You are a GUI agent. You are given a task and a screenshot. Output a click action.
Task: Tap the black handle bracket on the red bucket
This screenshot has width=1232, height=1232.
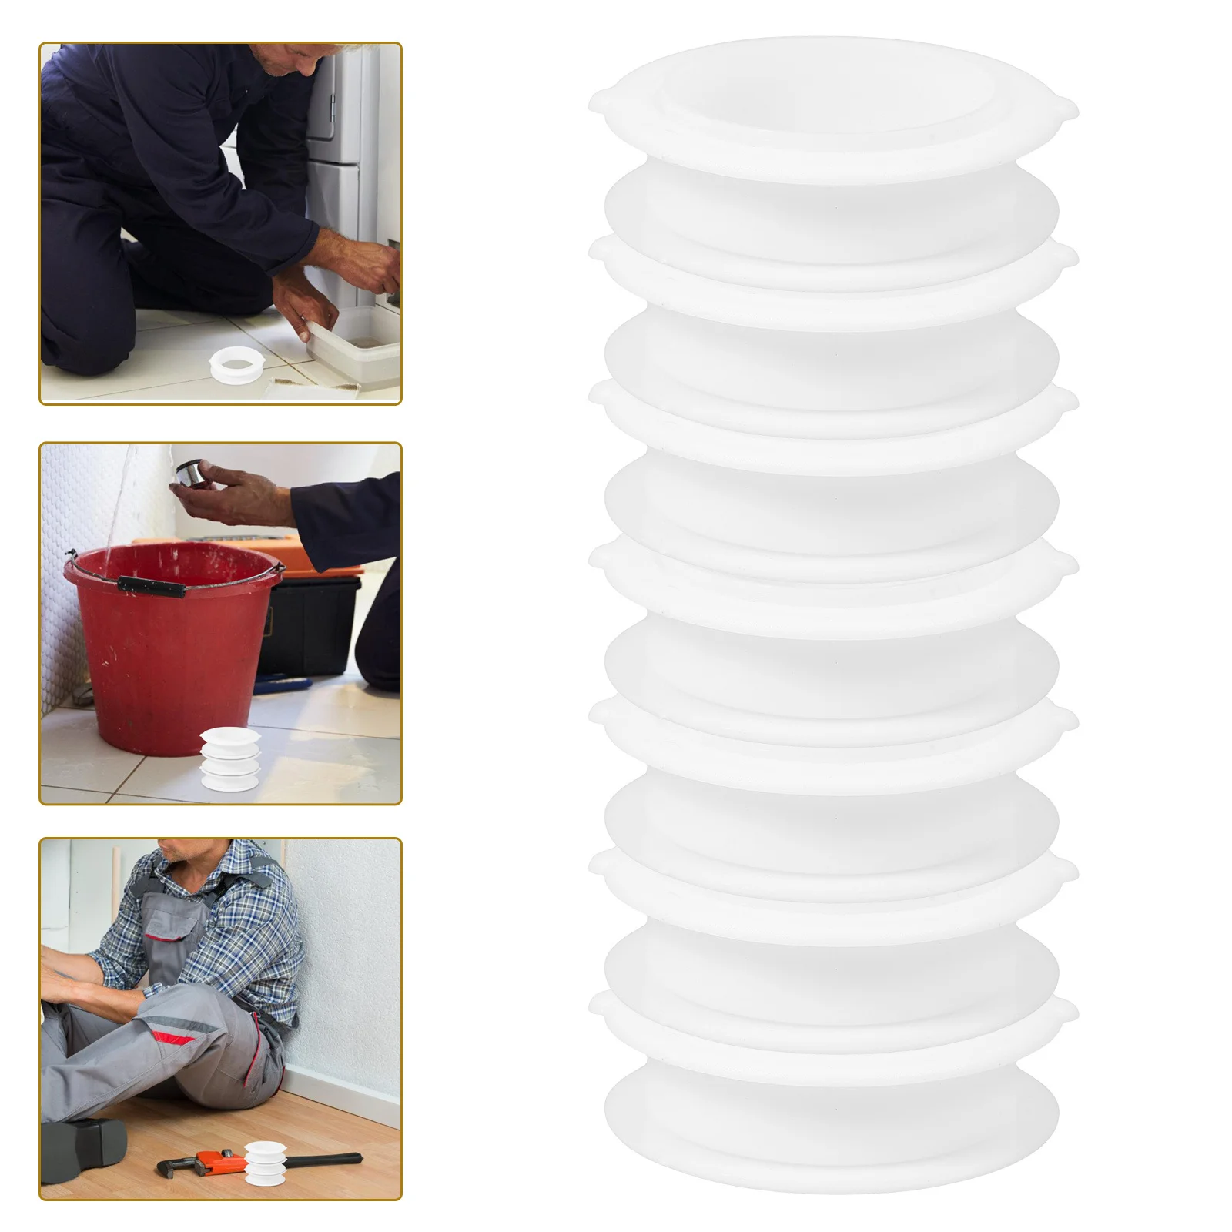pos(151,587)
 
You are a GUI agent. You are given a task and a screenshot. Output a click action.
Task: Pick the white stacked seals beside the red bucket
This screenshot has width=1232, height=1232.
pos(230,758)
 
